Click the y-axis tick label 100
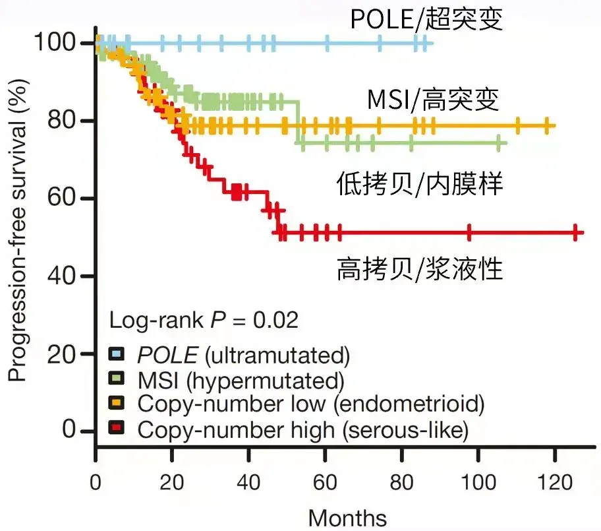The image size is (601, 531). (58, 43)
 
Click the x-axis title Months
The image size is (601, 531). (347, 517)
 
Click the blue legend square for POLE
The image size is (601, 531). (117, 356)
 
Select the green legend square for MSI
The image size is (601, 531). (117, 381)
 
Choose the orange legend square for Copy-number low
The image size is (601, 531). (117, 404)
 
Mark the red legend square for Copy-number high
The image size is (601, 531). (117, 429)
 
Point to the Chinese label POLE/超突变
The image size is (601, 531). (426, 19)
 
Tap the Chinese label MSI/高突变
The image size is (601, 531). (433, 100)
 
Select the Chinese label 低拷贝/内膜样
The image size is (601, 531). (420, 184)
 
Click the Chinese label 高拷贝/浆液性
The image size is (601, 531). (420, 269)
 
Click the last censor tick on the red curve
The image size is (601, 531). (575, 232)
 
